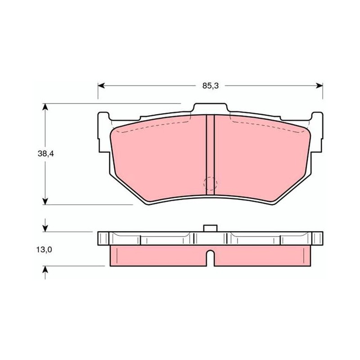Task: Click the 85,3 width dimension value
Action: tap(210, 86)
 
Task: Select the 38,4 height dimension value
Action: tap(46, 154)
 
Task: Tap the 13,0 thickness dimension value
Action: tap(44, 250)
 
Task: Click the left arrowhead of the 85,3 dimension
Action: tap(101, 85)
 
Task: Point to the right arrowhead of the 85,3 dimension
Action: tap(319, 85)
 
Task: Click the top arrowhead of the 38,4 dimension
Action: tap(45, 107)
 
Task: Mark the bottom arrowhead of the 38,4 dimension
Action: tap(45, 201)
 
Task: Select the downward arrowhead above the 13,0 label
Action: tap(45, 229)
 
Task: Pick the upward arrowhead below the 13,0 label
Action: tap(45, 270)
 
